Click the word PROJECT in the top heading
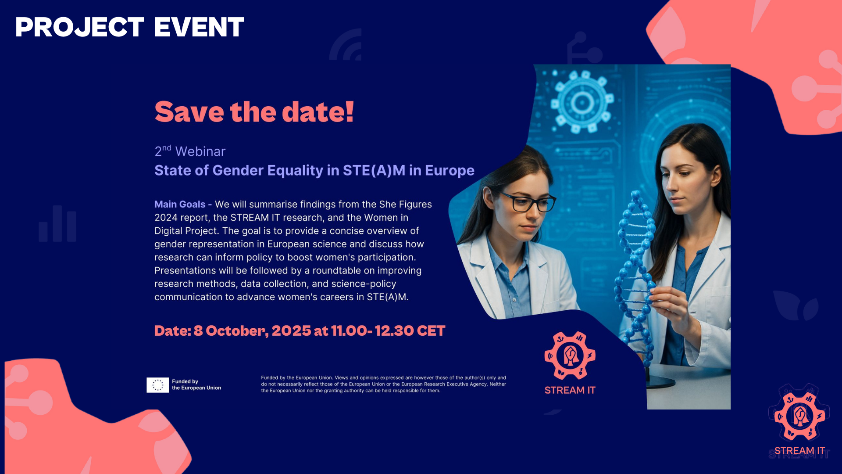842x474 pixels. (x=80, y=27)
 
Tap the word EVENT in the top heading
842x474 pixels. (x=199, y=27)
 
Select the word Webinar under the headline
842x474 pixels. (x=200, y=151)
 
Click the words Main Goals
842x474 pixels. (x=180, y=204)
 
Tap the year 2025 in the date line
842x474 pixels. (x=291, y=330)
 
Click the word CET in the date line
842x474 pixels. (x=431, y=330)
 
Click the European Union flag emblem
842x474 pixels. (x=158, y=385)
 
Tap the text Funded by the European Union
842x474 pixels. (x=196, y=384)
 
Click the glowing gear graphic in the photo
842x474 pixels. (x=582, y=103)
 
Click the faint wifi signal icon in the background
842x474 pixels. (x=346, y=45)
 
